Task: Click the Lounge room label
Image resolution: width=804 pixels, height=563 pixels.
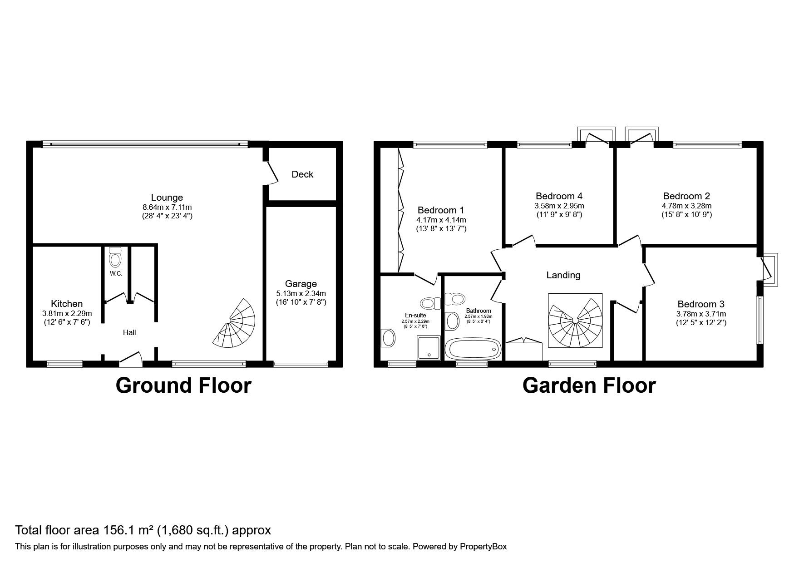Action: coord(167,198)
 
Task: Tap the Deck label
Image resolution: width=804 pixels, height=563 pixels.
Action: coord(302,174)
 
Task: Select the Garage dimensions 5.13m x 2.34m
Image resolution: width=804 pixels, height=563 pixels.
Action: coord(301,293)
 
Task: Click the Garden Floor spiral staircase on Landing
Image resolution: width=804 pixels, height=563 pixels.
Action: coord(575,321)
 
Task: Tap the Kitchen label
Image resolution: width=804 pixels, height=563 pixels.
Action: coord(67,304)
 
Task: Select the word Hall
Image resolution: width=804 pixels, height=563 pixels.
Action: coord(129,332)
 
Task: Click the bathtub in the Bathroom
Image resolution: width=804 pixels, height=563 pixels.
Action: coord(473,350)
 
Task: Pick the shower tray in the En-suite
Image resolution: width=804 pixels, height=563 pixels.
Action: coord(429,348)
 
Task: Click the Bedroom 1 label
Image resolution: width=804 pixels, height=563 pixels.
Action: coord(441,210)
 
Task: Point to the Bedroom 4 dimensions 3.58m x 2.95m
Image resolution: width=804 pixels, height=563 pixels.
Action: coord(559,206)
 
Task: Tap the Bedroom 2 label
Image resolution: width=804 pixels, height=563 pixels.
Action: coord(686,196)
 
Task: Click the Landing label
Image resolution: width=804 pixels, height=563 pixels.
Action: coord(563,275)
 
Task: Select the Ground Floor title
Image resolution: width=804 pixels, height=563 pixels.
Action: coord(183,385)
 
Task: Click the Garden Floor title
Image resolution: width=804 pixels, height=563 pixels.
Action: coord(589,385)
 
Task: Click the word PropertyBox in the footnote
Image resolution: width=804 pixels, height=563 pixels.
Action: coord(483,547)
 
